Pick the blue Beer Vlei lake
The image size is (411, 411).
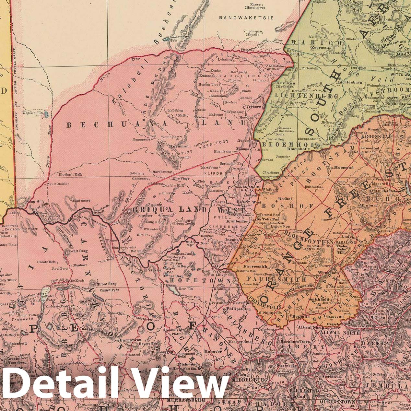[174, 290]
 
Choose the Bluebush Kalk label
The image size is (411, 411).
[70, 174]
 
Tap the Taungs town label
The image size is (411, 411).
[244, 149]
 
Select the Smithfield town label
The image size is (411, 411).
[319, 300]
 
